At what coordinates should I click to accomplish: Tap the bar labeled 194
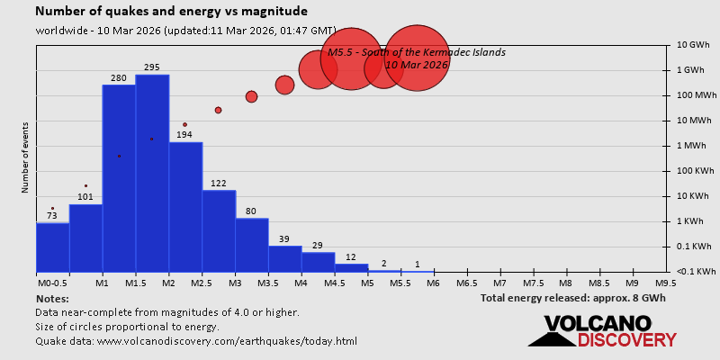click(x=185, y=207)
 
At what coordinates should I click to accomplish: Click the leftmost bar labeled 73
click(x=52, y=247)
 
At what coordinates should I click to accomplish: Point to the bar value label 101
click(x=85, y=197)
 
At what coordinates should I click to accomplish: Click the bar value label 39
click(x=284, y=238)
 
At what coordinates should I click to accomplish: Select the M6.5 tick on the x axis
click(x=466, y=283)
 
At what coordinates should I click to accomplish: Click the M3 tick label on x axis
click(x=235, y=283)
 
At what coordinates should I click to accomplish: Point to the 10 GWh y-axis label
click(x=693, y=45)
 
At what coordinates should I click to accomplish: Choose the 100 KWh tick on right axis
click(x=693, y=171)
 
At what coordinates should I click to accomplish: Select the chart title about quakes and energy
click(x=171, y=12)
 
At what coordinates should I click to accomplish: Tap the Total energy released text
click(x=573, y=298)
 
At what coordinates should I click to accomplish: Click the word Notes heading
click(x=52, y=298)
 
